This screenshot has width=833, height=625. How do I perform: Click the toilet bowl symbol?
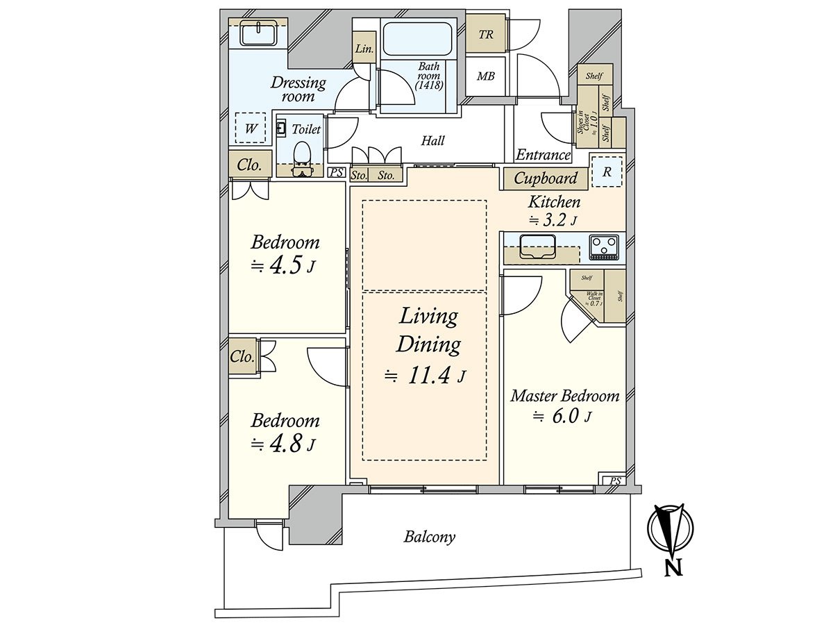pyautogui.click(x=302, y=153)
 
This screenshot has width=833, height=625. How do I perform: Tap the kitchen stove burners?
pyautogui.click(x=603, y=247)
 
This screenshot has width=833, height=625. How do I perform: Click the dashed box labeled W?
pyautogui.click(x=251, y=128)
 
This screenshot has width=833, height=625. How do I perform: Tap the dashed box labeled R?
pyautogui.click(x=607, y=172)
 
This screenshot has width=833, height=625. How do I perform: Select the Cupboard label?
pyautogui.click(x=546, y=178)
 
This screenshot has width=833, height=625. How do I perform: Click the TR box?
pyautogui.click(x=486, y=34)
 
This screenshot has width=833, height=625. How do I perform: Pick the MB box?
pyautogui.click(x=486, y=76)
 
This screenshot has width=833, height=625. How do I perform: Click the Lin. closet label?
pyautogui.click(x=364, y=49)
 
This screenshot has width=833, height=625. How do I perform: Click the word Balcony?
pyautogui.click(x=430, y=537)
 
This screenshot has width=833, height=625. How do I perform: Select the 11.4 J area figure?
pyautogui.click(x=426, y=376)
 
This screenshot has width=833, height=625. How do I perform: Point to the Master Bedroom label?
pyautogui.click(x=564, y=396)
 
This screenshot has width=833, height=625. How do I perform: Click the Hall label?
pyautogui.click(x=433, y=140)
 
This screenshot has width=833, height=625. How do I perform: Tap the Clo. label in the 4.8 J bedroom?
pyautogui.click(x=243, y=358)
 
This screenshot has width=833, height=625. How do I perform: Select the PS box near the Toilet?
pyautogui.click(x=336, y=174)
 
